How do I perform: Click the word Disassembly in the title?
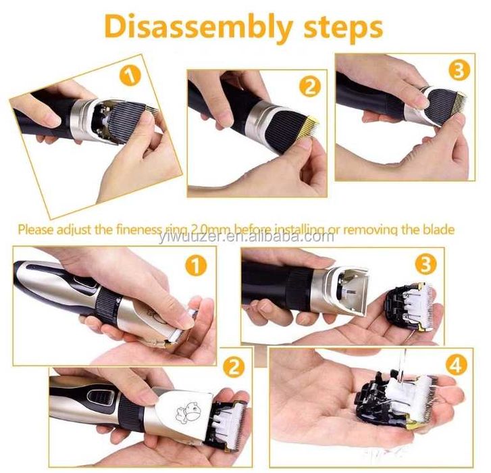[199, 28]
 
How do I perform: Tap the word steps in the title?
[344, 29]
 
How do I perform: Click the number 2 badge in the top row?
[310, 86]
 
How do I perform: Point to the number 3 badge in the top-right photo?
[459, 70]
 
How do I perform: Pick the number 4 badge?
[457, 365]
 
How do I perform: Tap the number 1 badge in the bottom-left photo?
[196, 266]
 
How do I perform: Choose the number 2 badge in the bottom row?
[233, 367]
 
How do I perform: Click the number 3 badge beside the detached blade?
[426, 265]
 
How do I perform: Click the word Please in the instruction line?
[35, 230]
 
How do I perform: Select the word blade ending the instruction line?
[437, 229]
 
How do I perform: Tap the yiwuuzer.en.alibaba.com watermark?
[246, 236]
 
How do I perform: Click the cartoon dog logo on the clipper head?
[188, 410]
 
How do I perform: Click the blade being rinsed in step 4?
[398, 397]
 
